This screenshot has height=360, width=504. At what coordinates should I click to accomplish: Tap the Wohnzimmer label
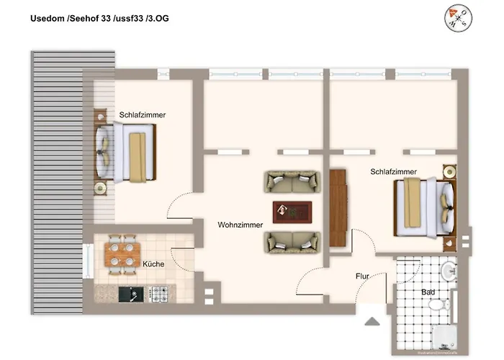click(x=240, y=225)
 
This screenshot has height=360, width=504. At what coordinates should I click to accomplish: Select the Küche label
click(x=153, y=264)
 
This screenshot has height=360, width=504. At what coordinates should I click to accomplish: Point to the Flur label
click(x=363, y=276)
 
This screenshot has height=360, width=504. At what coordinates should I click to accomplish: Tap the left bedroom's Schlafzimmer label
click(x=143, y=115)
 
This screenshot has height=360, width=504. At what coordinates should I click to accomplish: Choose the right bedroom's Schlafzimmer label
click(x=393, y=172)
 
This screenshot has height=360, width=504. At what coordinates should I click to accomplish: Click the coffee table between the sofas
click(x=292, y=211)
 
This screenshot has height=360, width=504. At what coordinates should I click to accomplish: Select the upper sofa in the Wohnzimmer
click(x=291, y=181)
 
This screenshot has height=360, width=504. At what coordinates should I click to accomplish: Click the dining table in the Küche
click(x=122, y=253)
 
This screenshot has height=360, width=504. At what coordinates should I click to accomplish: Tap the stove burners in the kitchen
click(x=158, y=293)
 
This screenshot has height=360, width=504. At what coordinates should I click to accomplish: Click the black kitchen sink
click(x=130, y=294)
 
